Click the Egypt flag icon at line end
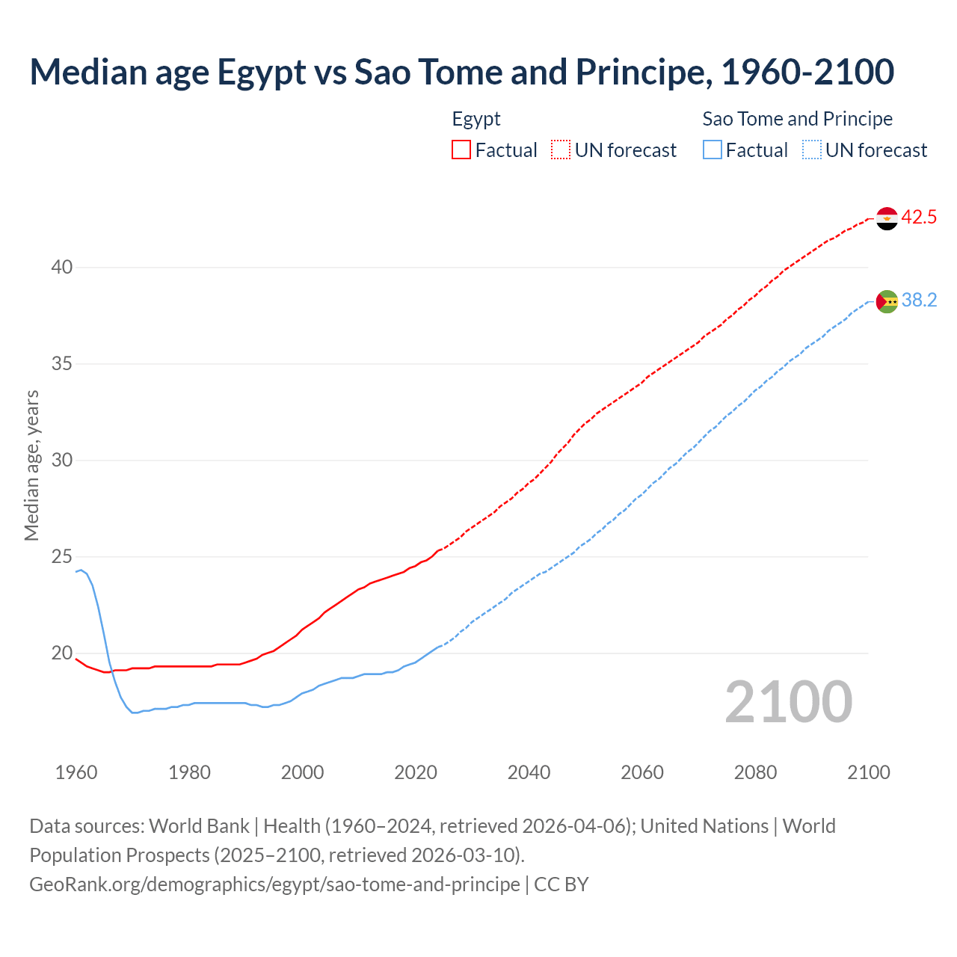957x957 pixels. point(887,218)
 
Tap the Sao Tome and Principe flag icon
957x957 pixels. point(887,301)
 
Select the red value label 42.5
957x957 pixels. point(919,218)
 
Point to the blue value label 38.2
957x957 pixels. point(919,301)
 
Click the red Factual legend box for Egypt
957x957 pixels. point(461,150)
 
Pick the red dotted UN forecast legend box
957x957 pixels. point(561,150)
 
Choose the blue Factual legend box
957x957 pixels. point(713,150)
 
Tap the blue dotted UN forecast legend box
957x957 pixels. point(812,150)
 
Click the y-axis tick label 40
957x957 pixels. point(62,268)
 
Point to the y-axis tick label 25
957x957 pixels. point(62,557)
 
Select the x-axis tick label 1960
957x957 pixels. point(76,772)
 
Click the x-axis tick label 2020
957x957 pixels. point(416,772)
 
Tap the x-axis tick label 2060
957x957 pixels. point(642,772)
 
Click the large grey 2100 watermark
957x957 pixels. point(789,702)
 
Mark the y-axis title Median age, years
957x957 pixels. point(31,465)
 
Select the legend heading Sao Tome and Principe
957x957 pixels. point(797,119)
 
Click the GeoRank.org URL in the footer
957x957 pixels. point(274,884)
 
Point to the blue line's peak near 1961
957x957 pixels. point(81,570)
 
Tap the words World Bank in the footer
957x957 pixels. point(199,826)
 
